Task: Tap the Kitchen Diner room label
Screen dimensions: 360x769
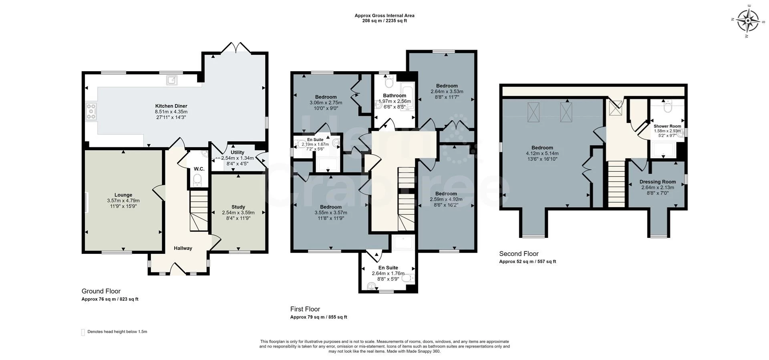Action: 171,106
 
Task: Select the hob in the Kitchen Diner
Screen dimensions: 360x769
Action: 91,111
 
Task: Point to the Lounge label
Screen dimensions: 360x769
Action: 123,195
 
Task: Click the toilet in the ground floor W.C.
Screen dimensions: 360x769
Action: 197,182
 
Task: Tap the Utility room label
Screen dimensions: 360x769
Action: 237,152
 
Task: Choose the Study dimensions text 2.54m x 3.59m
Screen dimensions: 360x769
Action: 238,213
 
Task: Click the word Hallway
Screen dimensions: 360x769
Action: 183,248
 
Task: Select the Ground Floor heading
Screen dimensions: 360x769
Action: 101,291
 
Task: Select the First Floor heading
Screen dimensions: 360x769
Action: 305,309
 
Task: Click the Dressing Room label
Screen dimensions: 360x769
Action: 657,182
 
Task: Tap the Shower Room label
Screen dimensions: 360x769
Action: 667,126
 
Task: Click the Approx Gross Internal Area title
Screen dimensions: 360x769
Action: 384,16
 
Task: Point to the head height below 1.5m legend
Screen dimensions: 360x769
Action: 117,332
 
